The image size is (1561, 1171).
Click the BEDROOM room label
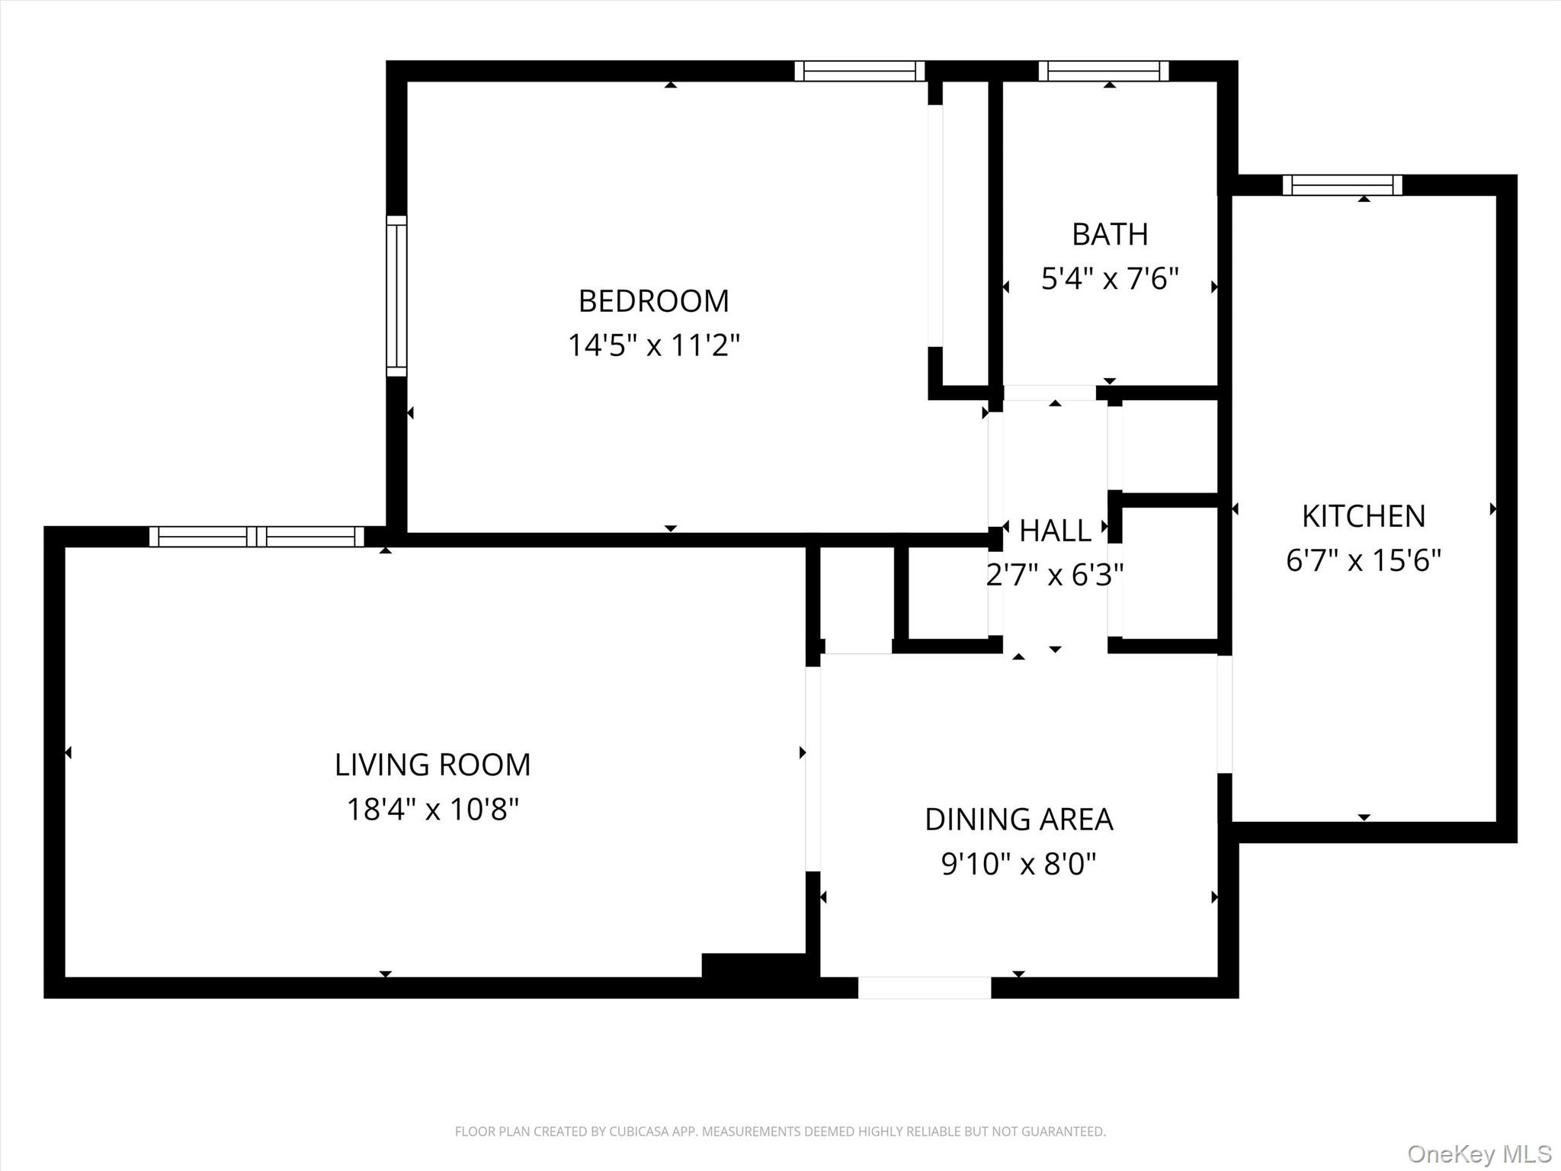[x=653, y=301]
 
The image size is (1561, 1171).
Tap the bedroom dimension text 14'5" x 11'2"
[x=653, y=345]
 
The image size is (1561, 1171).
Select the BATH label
[x=1109, y=234]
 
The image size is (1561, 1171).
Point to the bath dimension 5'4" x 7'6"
[x=1109, y=278]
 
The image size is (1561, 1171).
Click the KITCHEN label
[x=1363, y=516]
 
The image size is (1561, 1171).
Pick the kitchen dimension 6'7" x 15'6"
[x=1363, y=560]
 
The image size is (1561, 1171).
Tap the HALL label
[x=1055, y=531]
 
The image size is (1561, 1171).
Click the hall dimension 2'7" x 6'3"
[x=1055, y=575]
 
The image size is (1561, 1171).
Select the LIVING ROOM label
[x=432, y=765]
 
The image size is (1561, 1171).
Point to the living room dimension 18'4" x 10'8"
[x=432, y=809]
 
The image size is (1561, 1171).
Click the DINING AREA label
[x=1018, y=820]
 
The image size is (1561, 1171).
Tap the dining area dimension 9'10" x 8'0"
[x=1018, y=864]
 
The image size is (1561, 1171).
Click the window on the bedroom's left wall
[x=396, y=296]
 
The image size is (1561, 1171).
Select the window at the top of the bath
[x=1103, y=71]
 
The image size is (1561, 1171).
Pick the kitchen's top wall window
[x=1342, y=185]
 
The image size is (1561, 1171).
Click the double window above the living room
[x=257, y=537]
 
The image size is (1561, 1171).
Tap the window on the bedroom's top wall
[x=859, y=71]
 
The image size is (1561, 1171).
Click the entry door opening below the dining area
[x=924, y=987]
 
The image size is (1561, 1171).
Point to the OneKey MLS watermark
[x=1479, y=1153]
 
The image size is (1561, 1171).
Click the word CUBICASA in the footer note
[x=638, y=1131]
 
